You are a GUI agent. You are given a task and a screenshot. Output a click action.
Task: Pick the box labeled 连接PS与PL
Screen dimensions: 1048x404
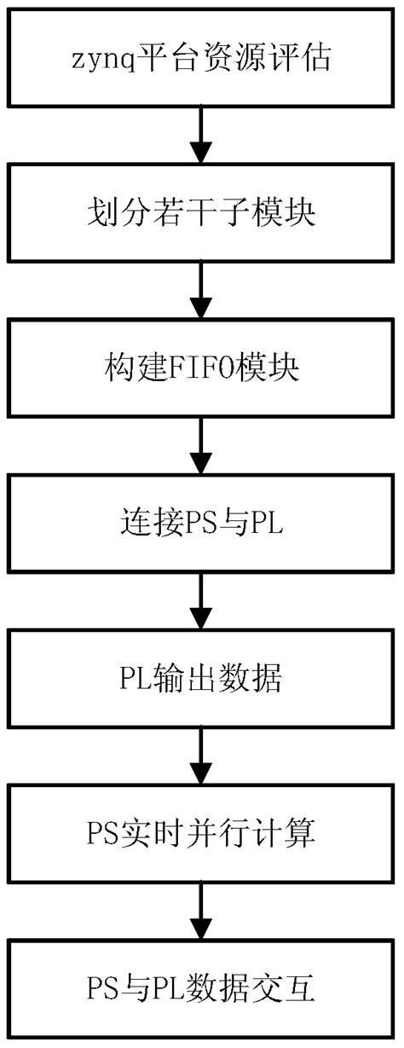[201, 523]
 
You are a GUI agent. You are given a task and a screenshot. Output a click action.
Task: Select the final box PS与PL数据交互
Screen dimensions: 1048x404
[201, 989]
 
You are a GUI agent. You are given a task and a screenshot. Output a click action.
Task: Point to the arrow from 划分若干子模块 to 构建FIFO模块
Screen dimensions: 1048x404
[201, 291]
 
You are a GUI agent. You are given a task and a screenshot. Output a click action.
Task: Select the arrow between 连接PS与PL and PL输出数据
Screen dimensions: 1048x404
[201, 600]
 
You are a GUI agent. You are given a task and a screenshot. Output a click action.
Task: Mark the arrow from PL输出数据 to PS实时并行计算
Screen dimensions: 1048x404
[201, 756]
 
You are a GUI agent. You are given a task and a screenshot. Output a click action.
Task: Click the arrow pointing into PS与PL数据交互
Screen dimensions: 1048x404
[201, 911]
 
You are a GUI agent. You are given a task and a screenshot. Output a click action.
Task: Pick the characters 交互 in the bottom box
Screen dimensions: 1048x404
[289, 989]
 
